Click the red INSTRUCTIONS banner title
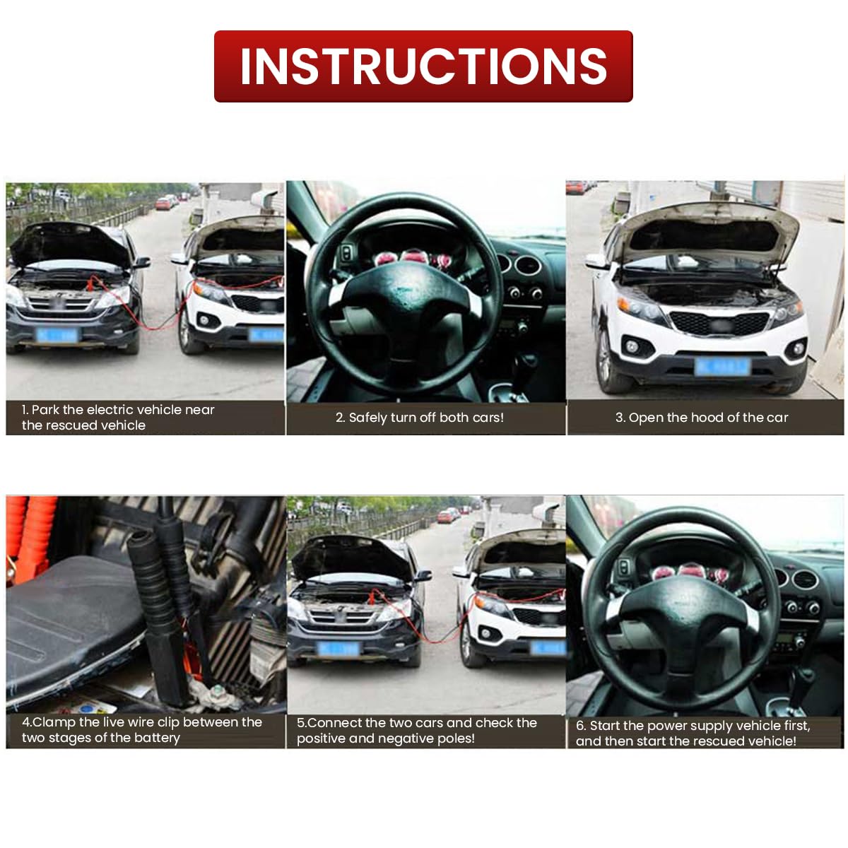point(423,66)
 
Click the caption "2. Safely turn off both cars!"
point(420,418)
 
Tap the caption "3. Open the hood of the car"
point(701,418)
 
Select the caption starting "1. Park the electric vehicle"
point(118,417)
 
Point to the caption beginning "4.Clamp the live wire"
point(141,729)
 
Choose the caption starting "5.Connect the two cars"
point(416,730)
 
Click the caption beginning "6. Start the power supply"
point(693,733)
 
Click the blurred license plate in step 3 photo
point(720,366)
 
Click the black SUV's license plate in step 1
point(57,335)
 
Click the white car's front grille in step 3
point(719,323)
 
